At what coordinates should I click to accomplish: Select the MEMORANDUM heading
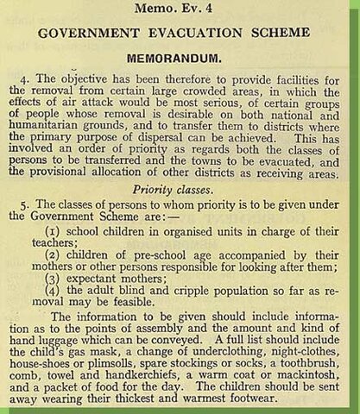click(x=179, y=62)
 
